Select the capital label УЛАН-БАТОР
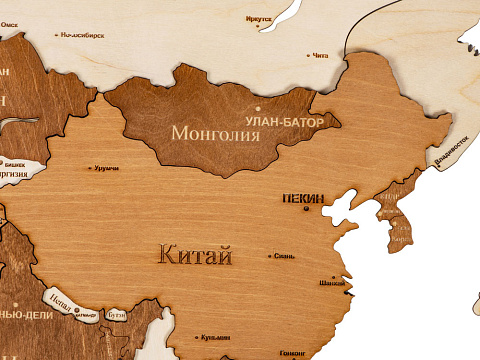(x=290, y=122)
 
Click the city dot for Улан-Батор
(x=258, y=108)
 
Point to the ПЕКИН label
(x=303, y=199)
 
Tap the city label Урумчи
(x=106, y=168)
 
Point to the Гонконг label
(x=293, y=353)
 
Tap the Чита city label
(x=320, y=56)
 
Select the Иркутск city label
(x=258, y=19)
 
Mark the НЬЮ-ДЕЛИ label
(x=20, y=314)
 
